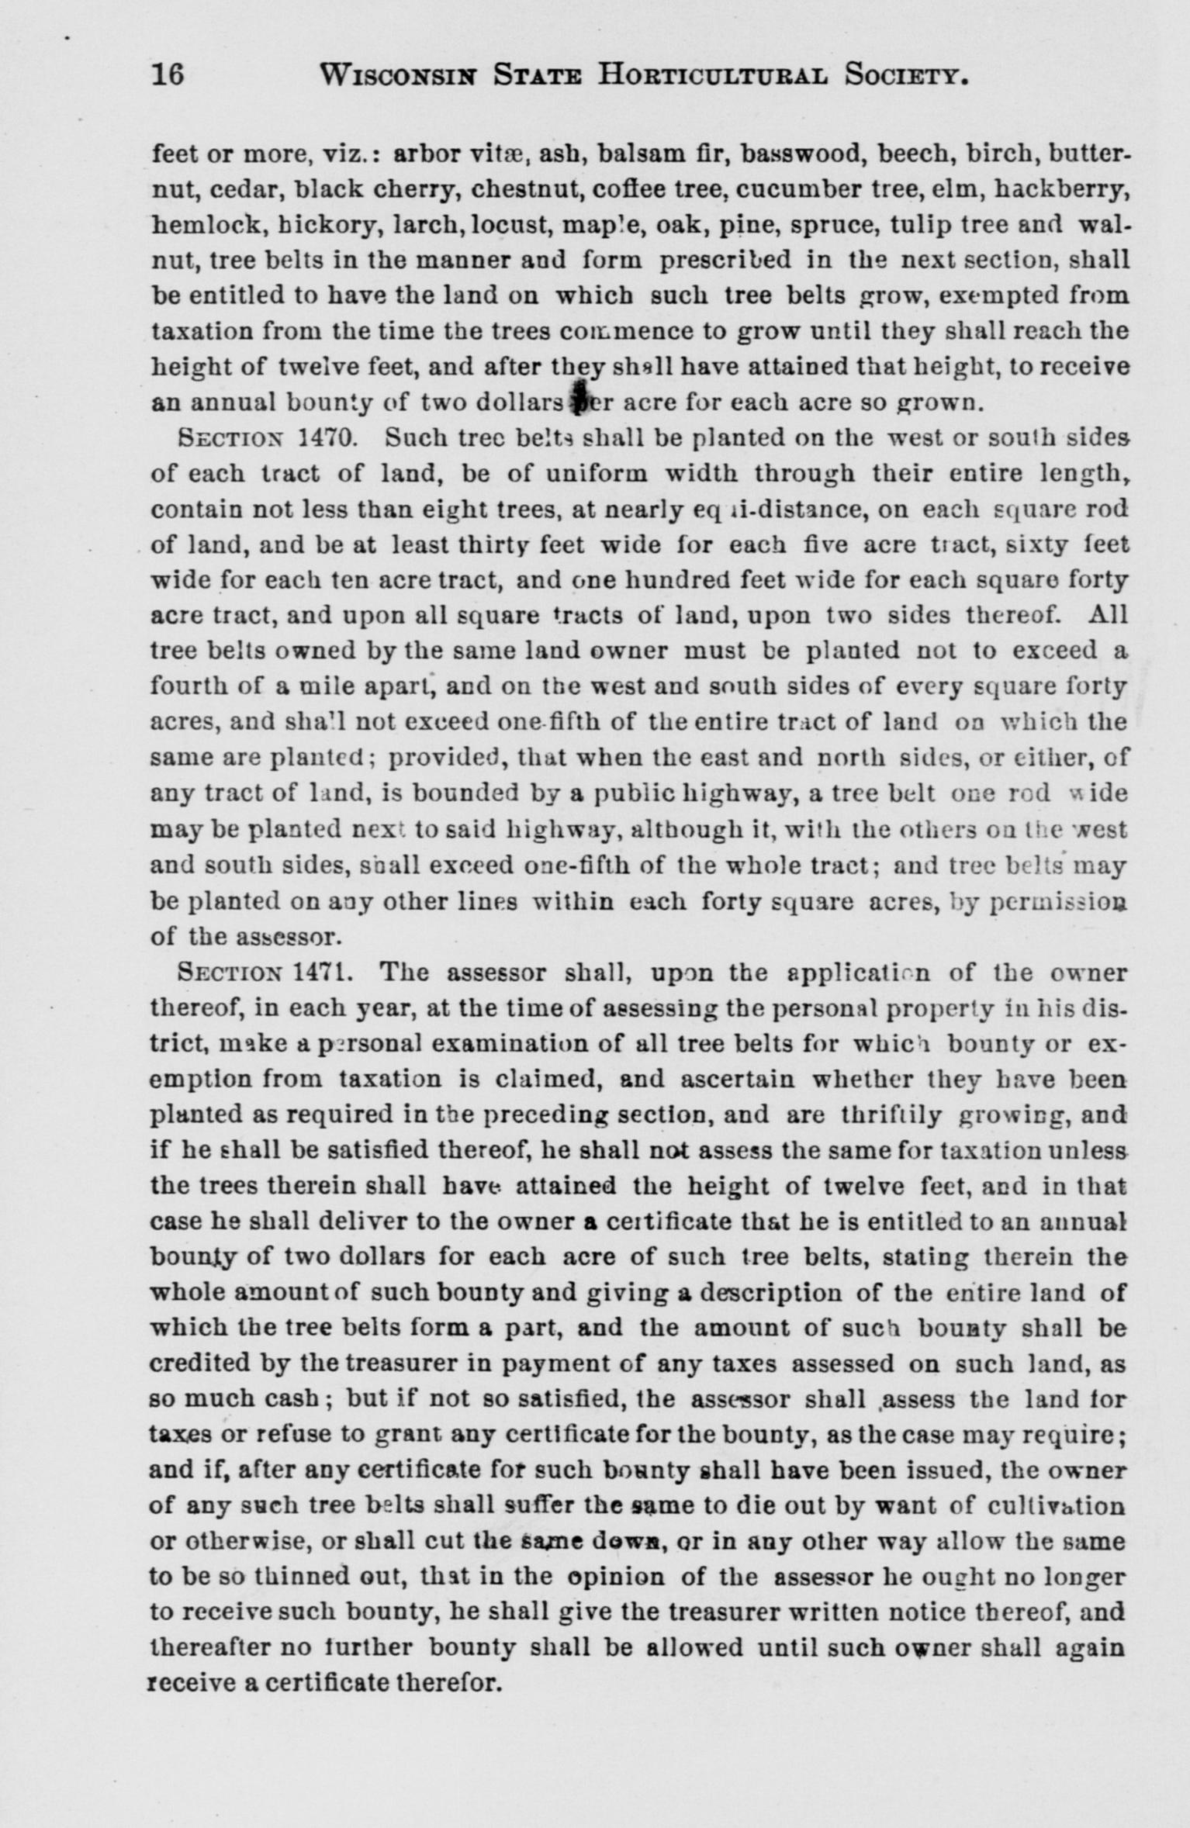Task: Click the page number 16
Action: [x=168, y=74]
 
